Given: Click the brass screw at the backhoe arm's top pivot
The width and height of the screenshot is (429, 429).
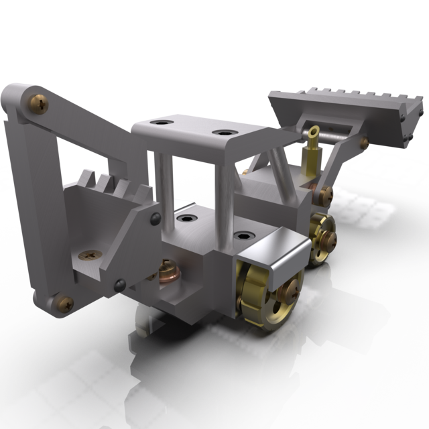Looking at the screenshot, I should point(39,104).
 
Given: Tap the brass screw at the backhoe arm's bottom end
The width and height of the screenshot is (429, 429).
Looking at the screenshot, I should point(64,303).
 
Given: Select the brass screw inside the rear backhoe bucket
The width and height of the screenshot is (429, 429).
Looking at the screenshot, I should point(88,255).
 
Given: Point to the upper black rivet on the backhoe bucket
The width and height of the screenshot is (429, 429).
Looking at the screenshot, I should point(156,218).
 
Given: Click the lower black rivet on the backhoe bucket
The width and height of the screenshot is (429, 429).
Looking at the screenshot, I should point(120,284).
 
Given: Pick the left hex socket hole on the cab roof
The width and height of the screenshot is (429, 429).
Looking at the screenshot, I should point(161,123).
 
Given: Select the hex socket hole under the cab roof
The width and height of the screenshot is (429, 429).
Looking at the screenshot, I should point(186,218).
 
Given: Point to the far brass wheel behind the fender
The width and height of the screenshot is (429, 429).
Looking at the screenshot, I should point(322,237).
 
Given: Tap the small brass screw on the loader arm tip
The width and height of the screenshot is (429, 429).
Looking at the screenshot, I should point(364,142).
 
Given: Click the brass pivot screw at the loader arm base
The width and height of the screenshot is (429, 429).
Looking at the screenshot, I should point(326,194).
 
